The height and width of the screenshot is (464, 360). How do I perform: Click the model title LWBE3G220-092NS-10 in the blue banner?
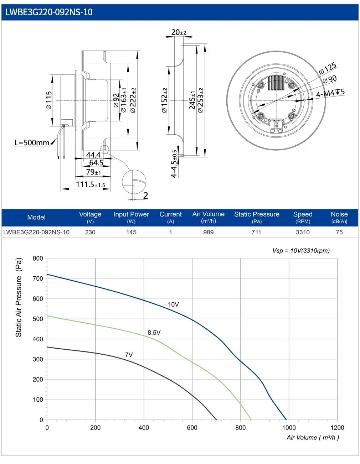[49, 12]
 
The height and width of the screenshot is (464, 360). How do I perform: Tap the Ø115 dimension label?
[49, 100]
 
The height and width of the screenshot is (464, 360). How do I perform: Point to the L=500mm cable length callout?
[32, 143]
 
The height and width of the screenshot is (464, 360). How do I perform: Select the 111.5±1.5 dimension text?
[91, 184]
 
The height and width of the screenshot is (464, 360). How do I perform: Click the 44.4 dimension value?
[93, 155]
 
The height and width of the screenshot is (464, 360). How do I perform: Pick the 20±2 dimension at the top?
[179, 32]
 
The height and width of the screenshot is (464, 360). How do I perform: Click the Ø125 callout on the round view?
[328, 68]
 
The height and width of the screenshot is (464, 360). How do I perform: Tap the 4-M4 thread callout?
[330, 93]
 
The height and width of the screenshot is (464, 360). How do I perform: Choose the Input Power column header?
[131, 217]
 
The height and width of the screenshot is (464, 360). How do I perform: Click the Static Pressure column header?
[257, 217]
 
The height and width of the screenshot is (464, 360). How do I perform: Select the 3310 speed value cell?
[303, 232]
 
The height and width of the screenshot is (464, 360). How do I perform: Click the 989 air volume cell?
[208, 232]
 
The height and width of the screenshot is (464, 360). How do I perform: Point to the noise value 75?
[339, 232]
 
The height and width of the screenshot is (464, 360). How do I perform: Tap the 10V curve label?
[173, 304]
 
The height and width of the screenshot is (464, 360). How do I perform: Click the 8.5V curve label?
[154, 333]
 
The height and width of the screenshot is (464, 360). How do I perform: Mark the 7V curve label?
[129, 355]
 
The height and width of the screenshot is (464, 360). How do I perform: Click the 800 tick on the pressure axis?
[38, 259]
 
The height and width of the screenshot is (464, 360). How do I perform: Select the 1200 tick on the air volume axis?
[337, 427]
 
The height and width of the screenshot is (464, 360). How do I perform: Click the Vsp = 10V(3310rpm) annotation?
[301, 250]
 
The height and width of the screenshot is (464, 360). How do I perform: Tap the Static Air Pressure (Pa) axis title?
[19, 297]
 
